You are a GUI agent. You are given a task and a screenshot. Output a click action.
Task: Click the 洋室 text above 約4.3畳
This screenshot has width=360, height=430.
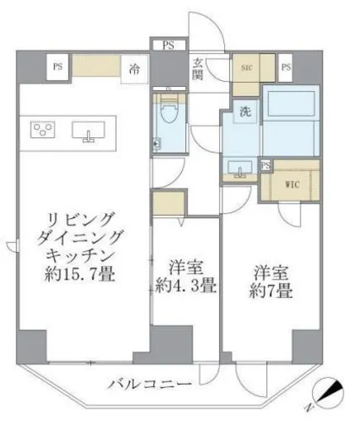(x=185, y=270)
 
